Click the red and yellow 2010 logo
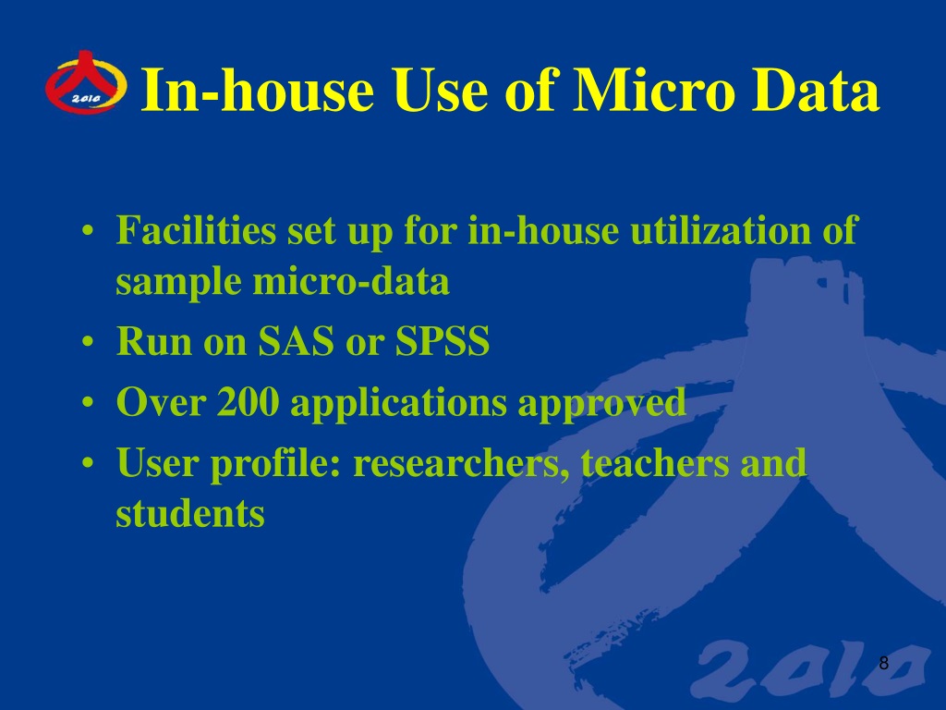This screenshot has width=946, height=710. [86, 82]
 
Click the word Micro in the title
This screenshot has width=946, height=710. [654, 90]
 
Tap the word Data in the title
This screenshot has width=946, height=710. [815, 90]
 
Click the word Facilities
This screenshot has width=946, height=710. [196, 230]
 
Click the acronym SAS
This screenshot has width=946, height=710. [297, 341]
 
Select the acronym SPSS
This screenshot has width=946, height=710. [443, 341]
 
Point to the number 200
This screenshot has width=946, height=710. [249, 401]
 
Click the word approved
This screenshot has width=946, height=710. [601, 404]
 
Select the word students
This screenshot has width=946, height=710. [190, 514]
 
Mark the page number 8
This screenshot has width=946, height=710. [884, 663]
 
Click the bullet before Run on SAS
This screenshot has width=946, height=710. [88, 342]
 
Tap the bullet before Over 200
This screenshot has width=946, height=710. [88, 403]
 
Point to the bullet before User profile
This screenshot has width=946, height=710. [88, 464]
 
